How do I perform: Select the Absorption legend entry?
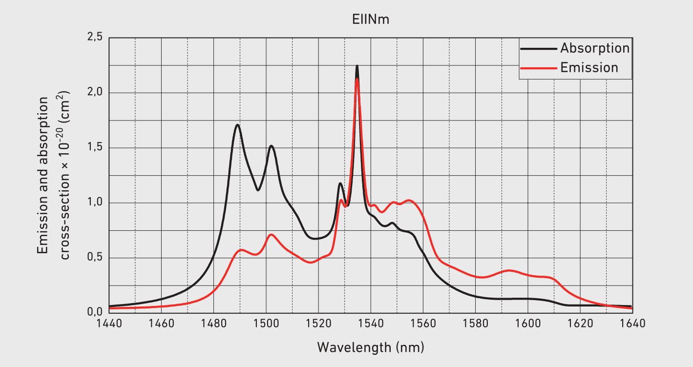(x=594, y=48)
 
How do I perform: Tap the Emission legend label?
(x=589, y=67)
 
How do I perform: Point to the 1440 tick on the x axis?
(x=109, y=323)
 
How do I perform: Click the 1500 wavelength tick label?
(x=266, y=323)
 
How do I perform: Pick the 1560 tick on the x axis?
(x=423, y=323)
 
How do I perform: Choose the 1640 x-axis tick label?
(x=632, y=323)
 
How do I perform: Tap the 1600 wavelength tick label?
(x=527, y=323)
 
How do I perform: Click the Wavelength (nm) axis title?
(x=370, y=347)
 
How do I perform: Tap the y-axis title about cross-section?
(x=54, y=175)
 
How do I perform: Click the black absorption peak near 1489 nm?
(x=237, y=125)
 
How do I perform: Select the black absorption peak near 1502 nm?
(x=271, y=146)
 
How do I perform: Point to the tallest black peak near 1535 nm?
(x=357, y=66)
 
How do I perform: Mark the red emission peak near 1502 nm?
(x=272, y=235)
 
